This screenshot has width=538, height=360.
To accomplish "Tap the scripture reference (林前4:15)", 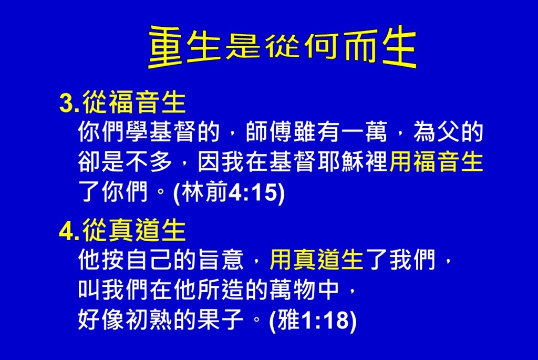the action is coord(229,192).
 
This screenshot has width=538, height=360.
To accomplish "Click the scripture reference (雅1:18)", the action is coord(313,320).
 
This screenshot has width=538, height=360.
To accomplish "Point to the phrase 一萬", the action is coord(366,131).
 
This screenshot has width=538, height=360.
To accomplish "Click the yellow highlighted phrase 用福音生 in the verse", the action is coord(437,162).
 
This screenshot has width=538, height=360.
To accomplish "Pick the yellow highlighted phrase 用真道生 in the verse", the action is coord(317,260).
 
